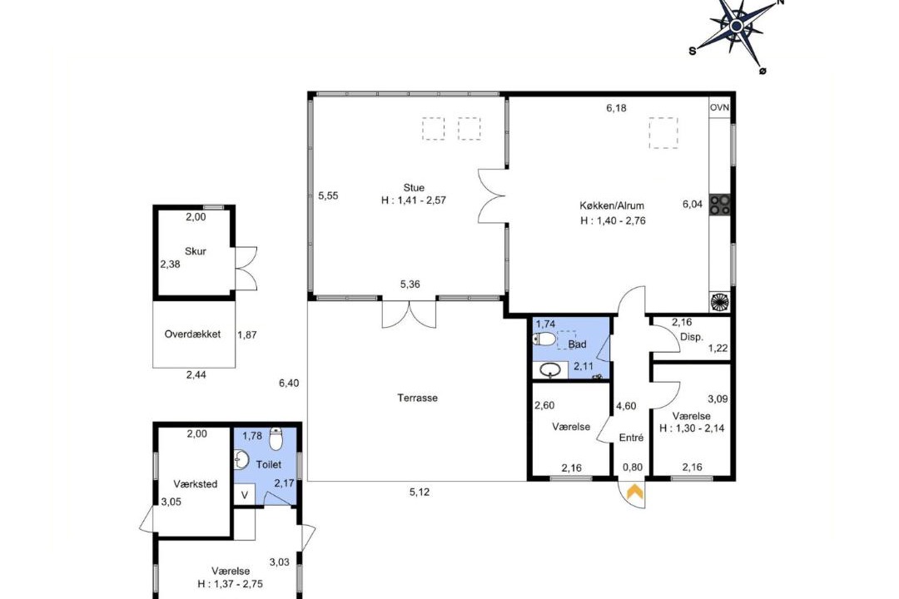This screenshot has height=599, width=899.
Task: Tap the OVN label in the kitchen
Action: coord(719,108)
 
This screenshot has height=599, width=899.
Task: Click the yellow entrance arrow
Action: coord(634,493)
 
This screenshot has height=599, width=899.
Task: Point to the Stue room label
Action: coord(414,187)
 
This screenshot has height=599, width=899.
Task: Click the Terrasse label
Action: coord(417,398)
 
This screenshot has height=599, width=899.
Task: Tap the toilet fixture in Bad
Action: coord(544,339)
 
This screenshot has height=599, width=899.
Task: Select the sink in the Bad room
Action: coord(550,371)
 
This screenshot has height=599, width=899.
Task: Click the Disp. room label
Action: coord(692,337)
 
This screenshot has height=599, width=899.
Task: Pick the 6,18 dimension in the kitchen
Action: coord(616,108)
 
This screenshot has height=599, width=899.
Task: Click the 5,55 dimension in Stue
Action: coord(328,196)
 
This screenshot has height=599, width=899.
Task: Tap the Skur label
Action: coord(196,251)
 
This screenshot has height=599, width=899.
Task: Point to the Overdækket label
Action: coord(192,334)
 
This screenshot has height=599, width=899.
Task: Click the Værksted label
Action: coord(196,484)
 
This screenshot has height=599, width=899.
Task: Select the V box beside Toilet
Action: coord(244,495)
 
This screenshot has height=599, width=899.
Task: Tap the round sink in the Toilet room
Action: coord(242,460)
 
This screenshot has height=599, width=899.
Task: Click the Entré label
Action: coord(631,438)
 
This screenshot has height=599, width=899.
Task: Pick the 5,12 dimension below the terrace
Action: coord(419,492)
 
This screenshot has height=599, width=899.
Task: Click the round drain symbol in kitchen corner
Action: coord(719,302)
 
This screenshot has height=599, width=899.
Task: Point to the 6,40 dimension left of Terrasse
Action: coord(289,383)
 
